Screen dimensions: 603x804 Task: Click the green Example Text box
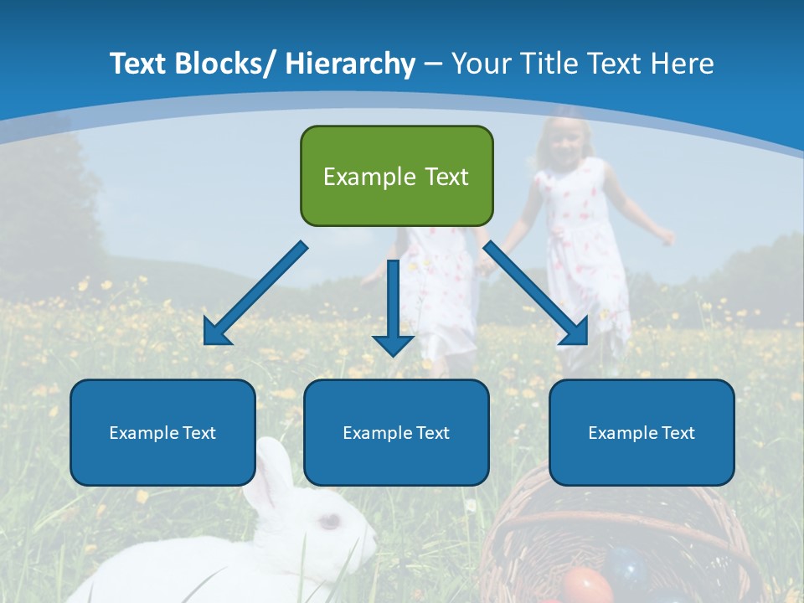coord(396,176)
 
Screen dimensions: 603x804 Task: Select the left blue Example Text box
coord(162,432)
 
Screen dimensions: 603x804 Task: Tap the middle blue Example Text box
coord(396,432)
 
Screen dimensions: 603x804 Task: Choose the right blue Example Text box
coord(642,432)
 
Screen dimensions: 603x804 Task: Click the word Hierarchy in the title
coord(349,64)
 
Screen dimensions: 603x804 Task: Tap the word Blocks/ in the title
coord(225,64)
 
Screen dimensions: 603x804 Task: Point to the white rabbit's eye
coord(329,522)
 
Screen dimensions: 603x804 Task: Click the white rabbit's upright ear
coord(273,473)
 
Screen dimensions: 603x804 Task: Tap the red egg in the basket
coord(585,585)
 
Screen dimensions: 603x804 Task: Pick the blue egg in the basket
coord(626,566)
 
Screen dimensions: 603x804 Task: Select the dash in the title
coord(433,64)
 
